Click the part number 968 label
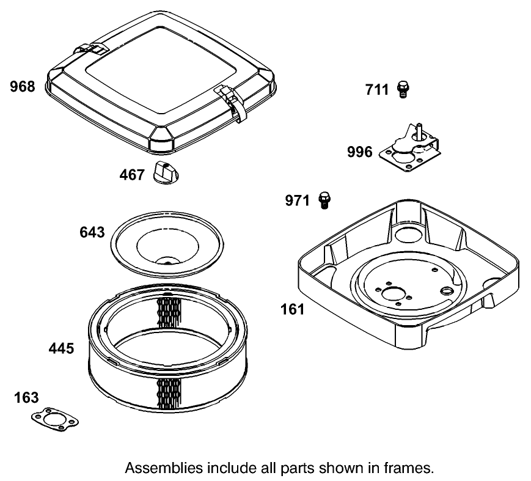(23, 87)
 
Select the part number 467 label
(131, 175)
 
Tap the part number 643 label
(92, 232)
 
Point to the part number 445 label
(61, 348)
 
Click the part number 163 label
(27, 398)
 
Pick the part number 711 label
(377, 90)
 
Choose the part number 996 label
(359, 152)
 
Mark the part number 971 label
(298, 200)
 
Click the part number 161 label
(292, 309)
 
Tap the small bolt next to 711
(403, 89)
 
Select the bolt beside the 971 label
(324, 199)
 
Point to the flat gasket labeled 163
(56, 419)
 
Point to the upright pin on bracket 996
(420, 130)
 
